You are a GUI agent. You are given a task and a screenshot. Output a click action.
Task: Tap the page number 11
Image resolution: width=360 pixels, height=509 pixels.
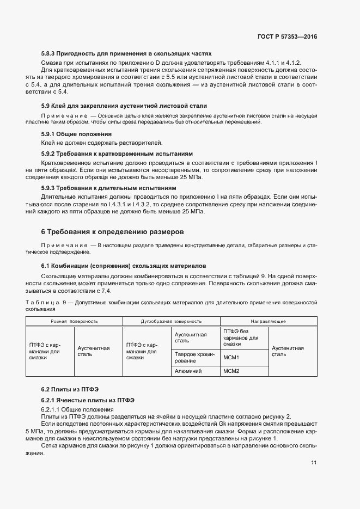[314, 463]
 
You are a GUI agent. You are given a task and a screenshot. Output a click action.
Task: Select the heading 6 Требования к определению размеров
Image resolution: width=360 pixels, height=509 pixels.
[113, 232]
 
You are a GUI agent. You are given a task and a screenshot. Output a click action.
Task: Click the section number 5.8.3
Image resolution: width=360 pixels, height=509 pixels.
[51, 53]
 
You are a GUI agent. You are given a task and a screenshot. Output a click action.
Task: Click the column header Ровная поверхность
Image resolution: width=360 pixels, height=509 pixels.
[75, 321]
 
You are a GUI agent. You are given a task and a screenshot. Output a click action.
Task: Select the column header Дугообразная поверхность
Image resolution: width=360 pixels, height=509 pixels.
[171, 321]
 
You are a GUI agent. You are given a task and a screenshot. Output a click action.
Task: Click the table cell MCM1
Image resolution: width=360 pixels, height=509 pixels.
[231, 358]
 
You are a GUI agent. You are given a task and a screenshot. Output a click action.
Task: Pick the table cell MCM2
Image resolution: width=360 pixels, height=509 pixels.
[231, 371]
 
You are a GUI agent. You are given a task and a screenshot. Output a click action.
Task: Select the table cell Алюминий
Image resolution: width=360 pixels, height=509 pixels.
[188, 371]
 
